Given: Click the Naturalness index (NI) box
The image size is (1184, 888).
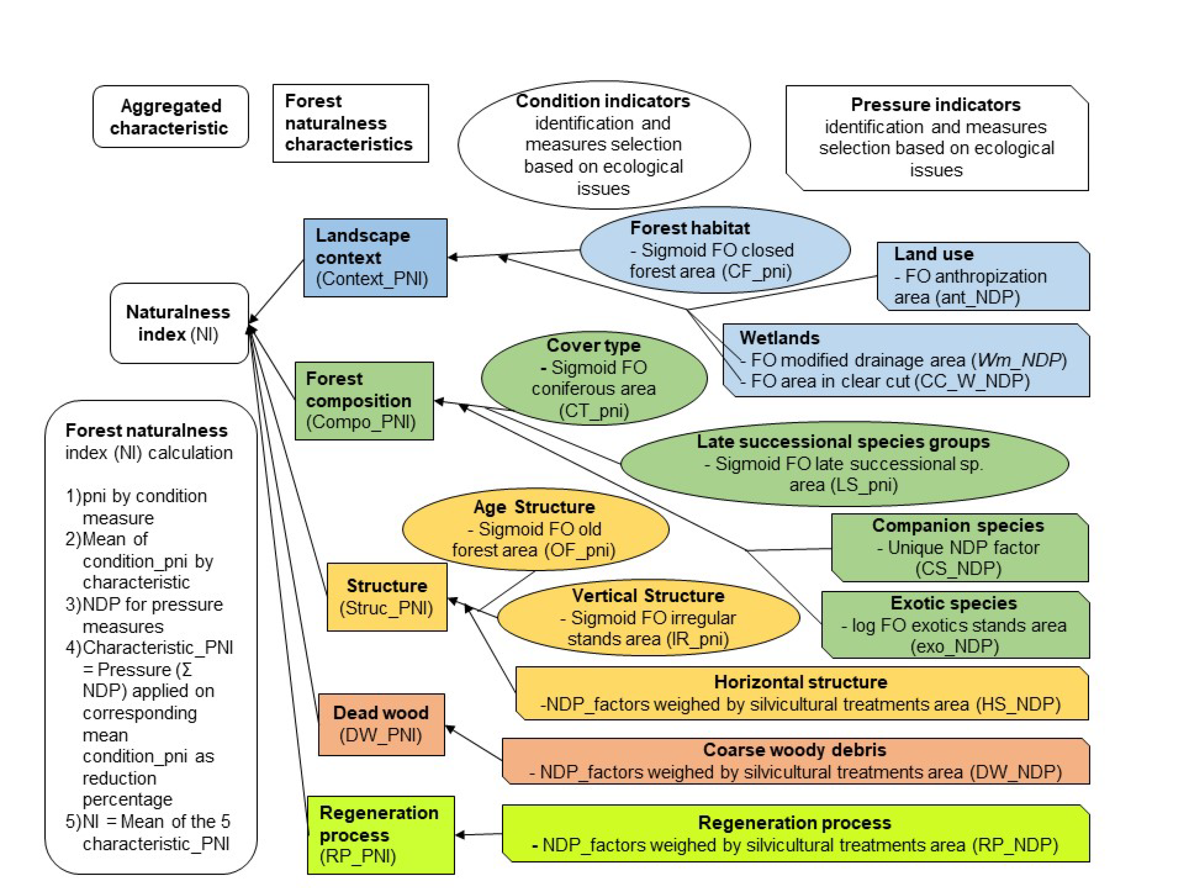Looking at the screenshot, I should [179, 323].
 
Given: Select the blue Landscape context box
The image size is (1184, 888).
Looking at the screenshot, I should [375, 258].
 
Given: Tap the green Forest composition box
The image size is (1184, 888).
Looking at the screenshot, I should [364, 400].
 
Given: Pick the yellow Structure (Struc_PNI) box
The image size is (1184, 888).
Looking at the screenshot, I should [387, 597].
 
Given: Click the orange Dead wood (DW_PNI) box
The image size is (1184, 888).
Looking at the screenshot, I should [381, 724].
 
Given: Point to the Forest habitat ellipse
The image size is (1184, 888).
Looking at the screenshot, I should [715, 250].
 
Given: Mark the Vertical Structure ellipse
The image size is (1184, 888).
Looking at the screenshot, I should [648, 617].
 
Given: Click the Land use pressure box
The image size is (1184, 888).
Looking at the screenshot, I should [983, 276].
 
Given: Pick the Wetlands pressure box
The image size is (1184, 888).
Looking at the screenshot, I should [906, 360].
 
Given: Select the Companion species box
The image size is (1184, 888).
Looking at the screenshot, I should [959, 547].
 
